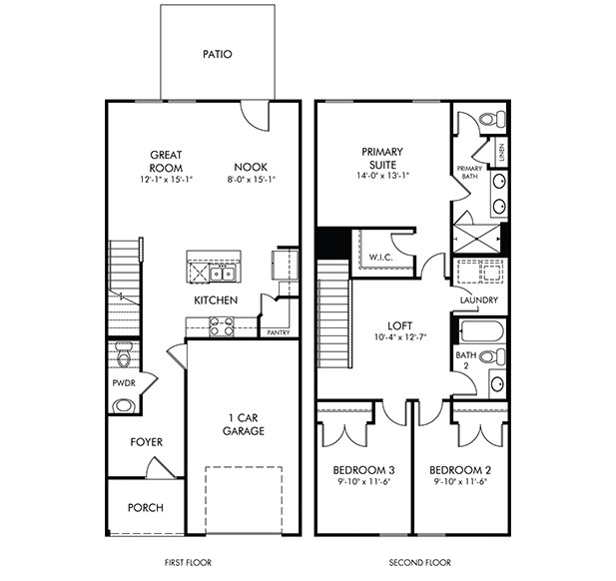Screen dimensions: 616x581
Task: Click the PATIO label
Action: (x=218, y=54)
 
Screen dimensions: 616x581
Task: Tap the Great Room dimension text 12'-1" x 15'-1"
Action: (x=166, y=180)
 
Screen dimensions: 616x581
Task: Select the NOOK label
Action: (x=251, y=167)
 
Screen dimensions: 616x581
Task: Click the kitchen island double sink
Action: (x=223, y=273)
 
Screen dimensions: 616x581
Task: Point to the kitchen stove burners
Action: (x=222, y=326)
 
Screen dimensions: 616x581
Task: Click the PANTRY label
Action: (x=279, y=332)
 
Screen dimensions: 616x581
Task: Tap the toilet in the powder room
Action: (x=124, y=354)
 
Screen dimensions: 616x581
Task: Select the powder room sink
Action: (x=123, y=405)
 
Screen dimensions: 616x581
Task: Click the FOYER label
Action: (x=147, y=442)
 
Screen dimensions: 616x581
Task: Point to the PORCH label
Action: (x=146, y=508)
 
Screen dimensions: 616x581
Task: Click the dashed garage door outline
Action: (x=244, y=500)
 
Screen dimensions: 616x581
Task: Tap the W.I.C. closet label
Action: (x=380, y=258)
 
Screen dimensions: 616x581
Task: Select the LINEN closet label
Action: (x=501, y=153)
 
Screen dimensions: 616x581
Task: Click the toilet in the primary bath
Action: (x=492, y=119)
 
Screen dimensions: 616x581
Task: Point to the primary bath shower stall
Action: (x=477, y=239)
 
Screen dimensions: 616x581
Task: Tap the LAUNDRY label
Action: (x=479, y=300)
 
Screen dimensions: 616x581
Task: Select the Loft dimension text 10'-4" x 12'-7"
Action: (x=400, y=337)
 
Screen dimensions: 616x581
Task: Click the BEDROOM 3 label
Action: (x=363, y=470)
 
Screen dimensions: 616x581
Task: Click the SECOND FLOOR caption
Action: (x=420, y=563)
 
